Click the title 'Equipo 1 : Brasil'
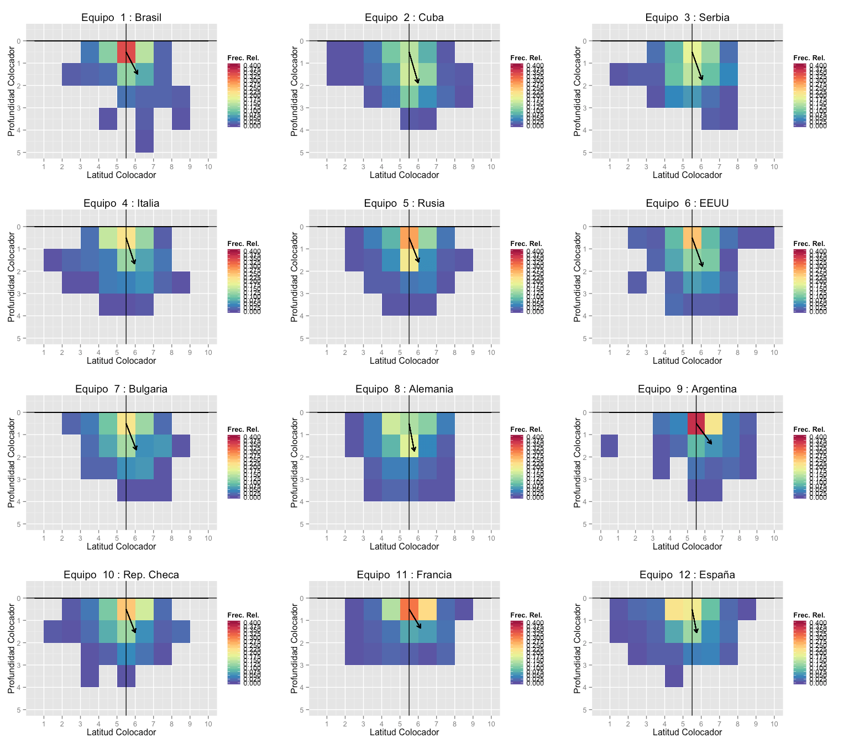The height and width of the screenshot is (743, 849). tap(121, 18)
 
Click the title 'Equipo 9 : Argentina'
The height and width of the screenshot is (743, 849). tap(687, 389)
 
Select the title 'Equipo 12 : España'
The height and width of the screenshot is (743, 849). tap(687, 575)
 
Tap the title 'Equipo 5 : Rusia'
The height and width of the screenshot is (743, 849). tap(404, 203)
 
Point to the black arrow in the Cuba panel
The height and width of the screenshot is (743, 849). tap(414, 68)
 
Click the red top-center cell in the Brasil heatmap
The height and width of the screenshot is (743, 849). tap(126, 52)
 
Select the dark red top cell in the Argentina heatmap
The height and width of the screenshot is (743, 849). tap(696, 423)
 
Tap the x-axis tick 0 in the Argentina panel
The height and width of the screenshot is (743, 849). tap(600, 538)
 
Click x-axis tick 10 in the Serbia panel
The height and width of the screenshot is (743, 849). tap(774, 167)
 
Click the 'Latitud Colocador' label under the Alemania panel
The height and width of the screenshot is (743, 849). tap(404, 547)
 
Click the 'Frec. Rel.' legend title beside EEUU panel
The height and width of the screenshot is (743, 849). tap(809, 244)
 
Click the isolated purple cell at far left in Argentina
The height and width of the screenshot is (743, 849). tap(609, 446)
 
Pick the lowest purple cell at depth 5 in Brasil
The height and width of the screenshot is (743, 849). tap(144, 141)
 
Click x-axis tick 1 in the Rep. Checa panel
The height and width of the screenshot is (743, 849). tap(44, 724)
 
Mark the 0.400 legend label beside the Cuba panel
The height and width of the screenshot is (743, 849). tap(535, 66)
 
